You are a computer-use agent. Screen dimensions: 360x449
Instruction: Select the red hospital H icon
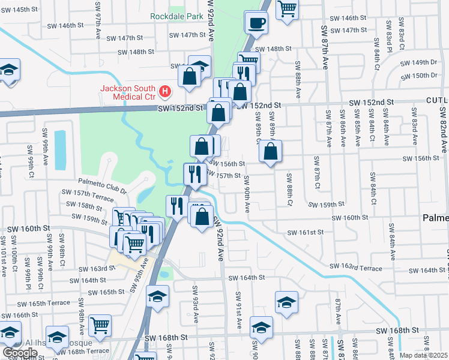click(165, 92)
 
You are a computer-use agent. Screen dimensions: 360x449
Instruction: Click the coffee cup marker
click(256, 23)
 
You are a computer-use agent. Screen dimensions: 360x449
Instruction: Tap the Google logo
click(20, 353)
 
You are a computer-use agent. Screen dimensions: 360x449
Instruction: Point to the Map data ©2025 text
click(424, 355)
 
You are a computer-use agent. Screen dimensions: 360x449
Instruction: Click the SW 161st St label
click(305, 232)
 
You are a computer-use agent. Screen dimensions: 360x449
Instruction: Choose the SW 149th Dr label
click(424, 62)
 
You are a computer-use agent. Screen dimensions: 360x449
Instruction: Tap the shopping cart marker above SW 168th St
click(100, 325)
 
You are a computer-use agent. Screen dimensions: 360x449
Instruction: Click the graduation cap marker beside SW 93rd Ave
click(158, 296)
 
